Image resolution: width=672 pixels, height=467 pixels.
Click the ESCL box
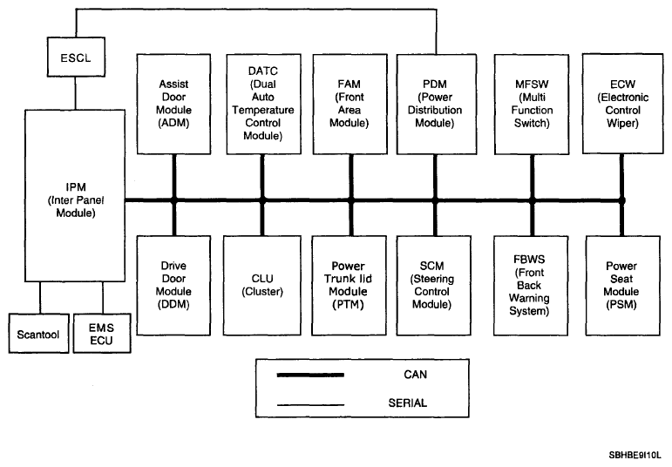[76, 57]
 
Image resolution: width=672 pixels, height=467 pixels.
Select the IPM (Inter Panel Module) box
[75, 195]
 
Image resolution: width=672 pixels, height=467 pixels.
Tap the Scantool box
[38, 334]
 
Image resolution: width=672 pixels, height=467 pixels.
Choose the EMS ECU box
[102, 334]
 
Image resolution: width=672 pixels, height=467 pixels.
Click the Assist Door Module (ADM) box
[173, 104]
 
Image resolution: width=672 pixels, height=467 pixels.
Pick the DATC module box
[263, 104]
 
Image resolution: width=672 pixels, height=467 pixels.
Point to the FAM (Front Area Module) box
[350, 104]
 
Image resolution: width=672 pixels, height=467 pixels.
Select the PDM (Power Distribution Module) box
[437, 104]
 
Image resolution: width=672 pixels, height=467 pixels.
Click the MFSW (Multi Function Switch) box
[532, 104]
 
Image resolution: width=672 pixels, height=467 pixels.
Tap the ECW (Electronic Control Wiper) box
[622, 104]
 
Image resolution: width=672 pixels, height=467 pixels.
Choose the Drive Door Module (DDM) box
[173, 286]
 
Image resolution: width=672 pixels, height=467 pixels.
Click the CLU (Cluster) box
[262, 286]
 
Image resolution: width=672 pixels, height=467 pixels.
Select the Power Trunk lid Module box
[349, 286]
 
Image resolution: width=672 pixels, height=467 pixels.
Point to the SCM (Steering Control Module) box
[434, 286]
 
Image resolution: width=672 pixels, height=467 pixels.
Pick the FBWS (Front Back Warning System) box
[531, 286]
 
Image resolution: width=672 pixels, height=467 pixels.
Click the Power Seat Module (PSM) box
[622, 286]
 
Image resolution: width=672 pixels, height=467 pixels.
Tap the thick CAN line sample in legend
[310, 375]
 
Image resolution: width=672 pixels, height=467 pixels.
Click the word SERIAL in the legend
[408, 403]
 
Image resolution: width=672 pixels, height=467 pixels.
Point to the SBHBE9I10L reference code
[635, 455]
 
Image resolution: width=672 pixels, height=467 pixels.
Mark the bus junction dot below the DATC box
[262, 200]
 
